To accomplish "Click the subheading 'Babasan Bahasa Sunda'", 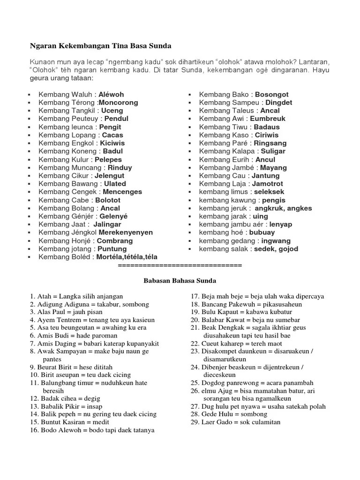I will pos(180,280).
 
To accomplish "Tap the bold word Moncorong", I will pos(119,103).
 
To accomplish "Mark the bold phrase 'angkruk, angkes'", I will pos(283,208).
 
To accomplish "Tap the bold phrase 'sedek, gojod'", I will pos(276,249).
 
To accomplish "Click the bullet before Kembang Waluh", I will pos(29,95).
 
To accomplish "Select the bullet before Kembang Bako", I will pos(189,95).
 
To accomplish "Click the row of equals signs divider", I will pos(180,266).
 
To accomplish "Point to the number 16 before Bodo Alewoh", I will pos(34,430).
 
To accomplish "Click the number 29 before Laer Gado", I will pos(195,422).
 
